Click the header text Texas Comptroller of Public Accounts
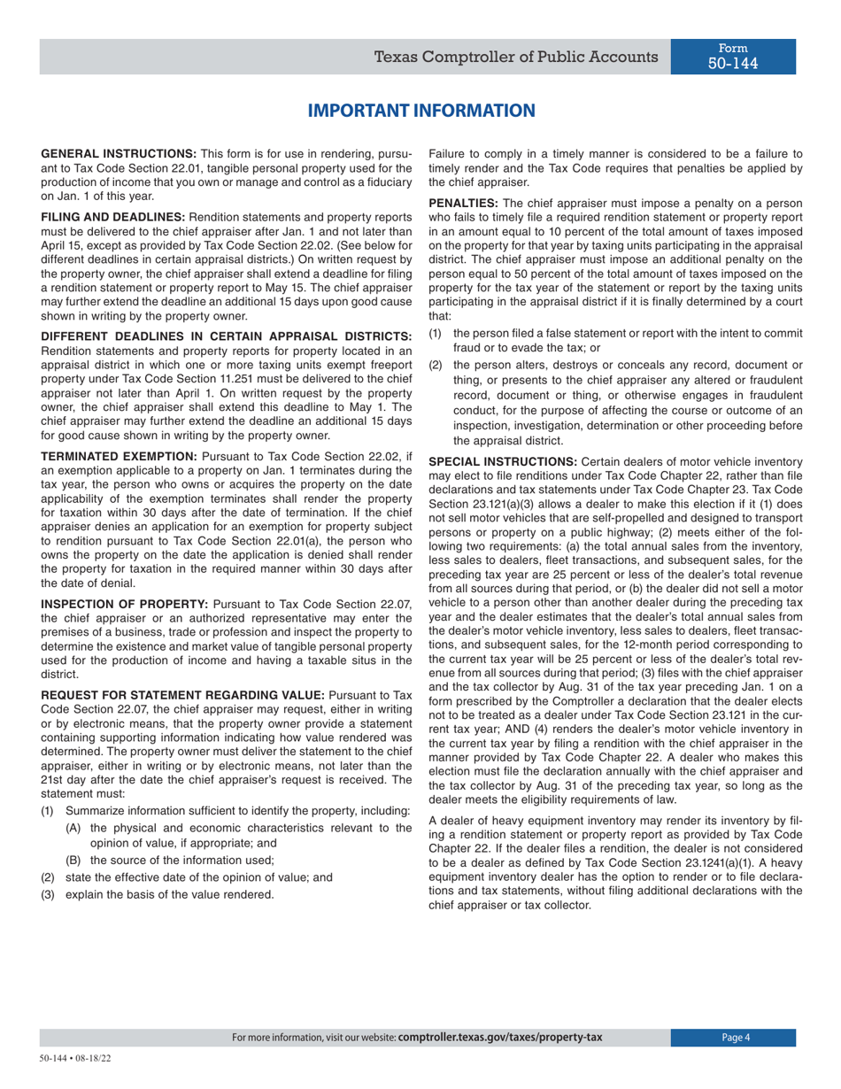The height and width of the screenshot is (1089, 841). coord(515,58)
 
